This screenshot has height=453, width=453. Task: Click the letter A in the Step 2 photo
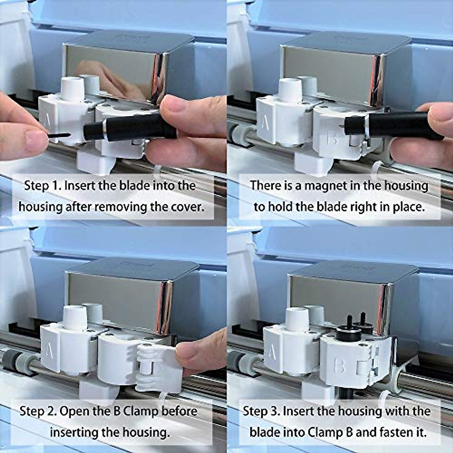pos(49,353)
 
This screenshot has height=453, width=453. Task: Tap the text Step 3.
pos(260,411)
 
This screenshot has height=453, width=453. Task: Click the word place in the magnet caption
pos(407,207)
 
